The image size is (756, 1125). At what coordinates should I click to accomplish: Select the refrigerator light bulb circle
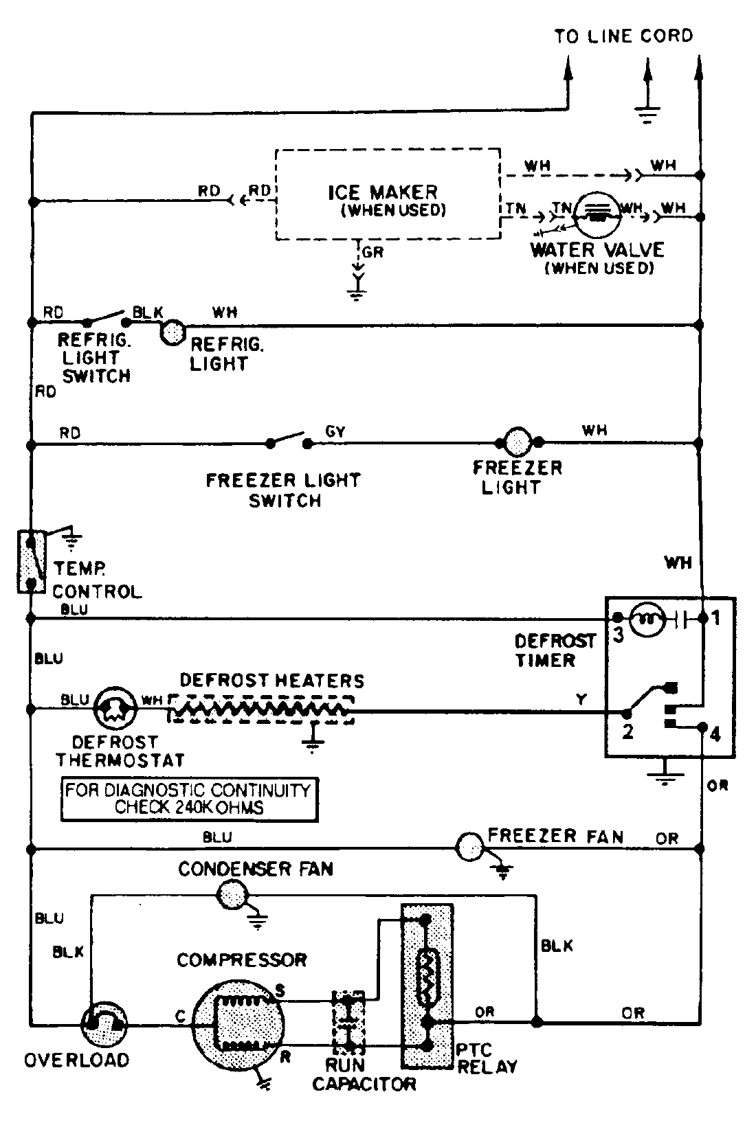(173, 332)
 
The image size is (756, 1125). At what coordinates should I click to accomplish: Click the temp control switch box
(30, 562)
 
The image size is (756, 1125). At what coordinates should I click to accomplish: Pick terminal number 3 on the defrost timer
(618, 636)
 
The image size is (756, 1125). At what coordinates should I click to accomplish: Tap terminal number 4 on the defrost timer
(715, 735)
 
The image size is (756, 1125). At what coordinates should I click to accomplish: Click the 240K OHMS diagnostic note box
(189, 799)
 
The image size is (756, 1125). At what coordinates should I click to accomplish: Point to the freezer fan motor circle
(471, 848)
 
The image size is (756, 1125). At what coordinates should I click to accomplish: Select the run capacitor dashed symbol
(348, 1021)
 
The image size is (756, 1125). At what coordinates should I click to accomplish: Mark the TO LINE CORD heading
(623, 36)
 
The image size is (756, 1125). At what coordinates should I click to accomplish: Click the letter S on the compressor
(280, 990)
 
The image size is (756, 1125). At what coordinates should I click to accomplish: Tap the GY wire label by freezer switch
(335, 431)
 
